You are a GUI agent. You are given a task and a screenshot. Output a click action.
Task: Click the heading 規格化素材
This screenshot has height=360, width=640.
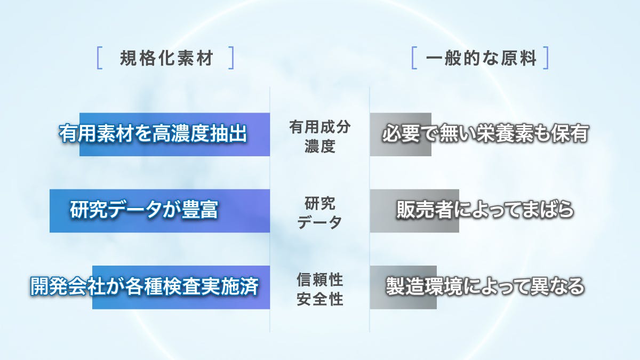coord(167,58)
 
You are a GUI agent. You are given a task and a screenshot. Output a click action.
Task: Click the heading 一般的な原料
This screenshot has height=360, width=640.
coord(481,58)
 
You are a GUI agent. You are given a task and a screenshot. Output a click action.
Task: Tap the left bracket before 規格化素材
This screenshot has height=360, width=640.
coord(99,58)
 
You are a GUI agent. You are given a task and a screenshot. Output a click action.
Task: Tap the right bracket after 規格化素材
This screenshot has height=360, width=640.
coord(231,58)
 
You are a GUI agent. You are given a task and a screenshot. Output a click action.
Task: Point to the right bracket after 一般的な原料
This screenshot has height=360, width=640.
coord(546,58)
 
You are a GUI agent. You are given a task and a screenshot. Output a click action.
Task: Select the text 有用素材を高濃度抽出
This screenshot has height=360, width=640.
coord(153,133)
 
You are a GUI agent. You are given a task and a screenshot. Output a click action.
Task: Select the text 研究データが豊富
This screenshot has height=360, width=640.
coord(144,210)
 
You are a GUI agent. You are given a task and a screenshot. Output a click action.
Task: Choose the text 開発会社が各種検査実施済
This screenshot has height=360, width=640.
coord(145,286)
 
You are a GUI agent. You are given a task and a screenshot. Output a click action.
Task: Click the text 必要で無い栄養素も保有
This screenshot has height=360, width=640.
coord(485,133)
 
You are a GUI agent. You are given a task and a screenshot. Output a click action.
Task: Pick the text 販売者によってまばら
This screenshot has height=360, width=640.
coord(485,210)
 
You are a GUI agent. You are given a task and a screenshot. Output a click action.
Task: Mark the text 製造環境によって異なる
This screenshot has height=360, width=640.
coord(485,286)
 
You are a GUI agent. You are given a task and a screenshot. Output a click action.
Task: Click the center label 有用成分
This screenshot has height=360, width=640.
coord(319,127)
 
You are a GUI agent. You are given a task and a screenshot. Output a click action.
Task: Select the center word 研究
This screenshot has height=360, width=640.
coord(319,203)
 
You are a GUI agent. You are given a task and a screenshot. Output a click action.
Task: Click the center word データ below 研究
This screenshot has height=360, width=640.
coord(319,222)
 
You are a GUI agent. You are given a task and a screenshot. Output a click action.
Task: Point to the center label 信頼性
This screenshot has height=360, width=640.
coord(319,279)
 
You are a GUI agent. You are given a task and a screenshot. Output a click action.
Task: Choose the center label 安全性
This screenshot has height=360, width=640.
coord(319,299)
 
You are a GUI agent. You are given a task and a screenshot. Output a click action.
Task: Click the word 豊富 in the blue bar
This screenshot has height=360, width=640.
coord(199,210)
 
